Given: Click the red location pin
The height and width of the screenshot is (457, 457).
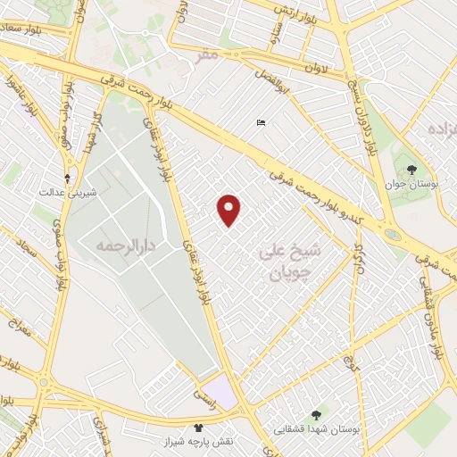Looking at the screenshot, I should [x=229, y=209].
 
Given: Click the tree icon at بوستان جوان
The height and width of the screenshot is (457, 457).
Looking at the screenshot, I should [x=411, y=170].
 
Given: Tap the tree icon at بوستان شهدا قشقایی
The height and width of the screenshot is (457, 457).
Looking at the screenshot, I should [x=316, y=415].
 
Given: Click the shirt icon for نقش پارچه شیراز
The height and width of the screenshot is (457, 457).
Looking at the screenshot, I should [x=198, y=428].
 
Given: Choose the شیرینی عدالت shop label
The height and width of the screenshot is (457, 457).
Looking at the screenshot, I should [x=66, y=191].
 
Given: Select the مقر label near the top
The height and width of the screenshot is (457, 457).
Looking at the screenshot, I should [x=207, y=55].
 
